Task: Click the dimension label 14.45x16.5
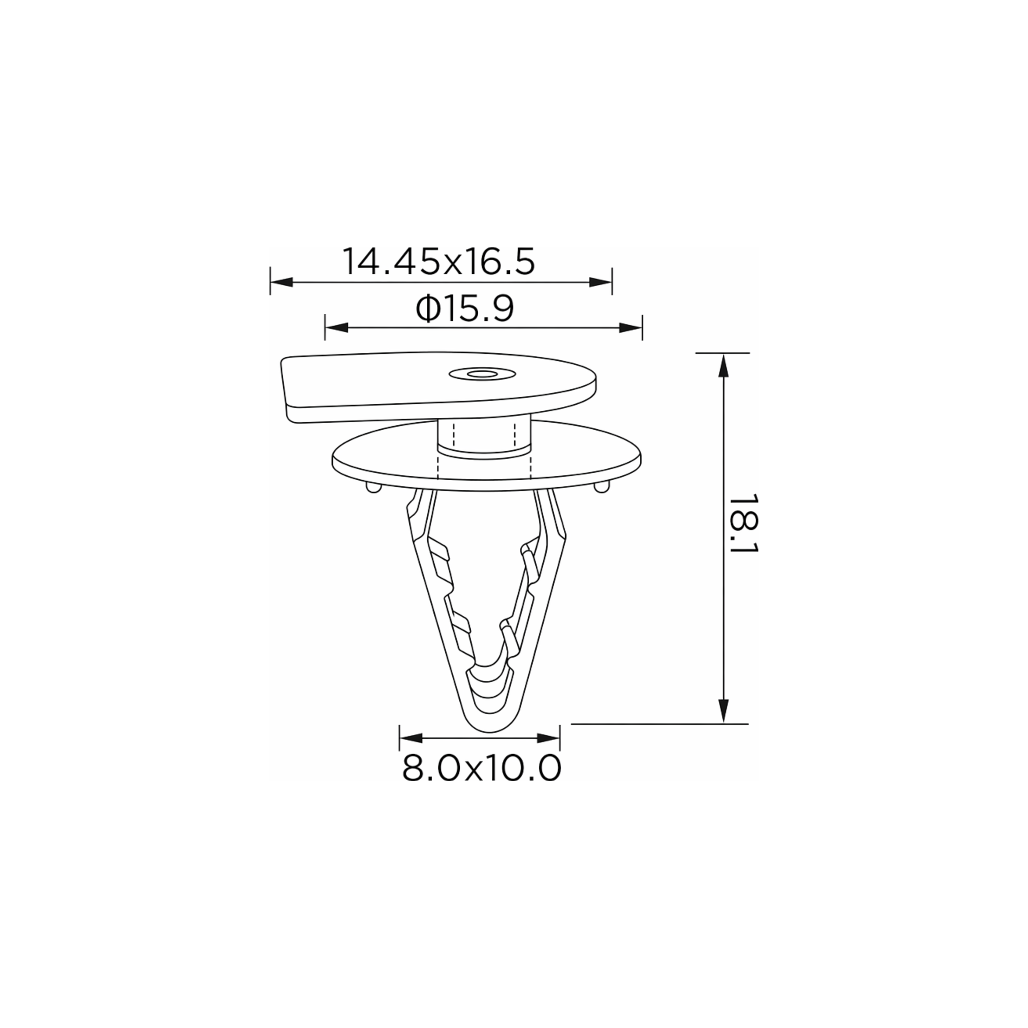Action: (x=438, y=261)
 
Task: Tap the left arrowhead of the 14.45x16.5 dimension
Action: (x=281, y=282)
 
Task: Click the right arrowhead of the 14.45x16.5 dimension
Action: (x=601, y=282)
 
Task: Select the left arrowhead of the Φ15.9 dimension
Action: (x=336, y=327)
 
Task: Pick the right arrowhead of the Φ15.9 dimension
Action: (x=631, y=327)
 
